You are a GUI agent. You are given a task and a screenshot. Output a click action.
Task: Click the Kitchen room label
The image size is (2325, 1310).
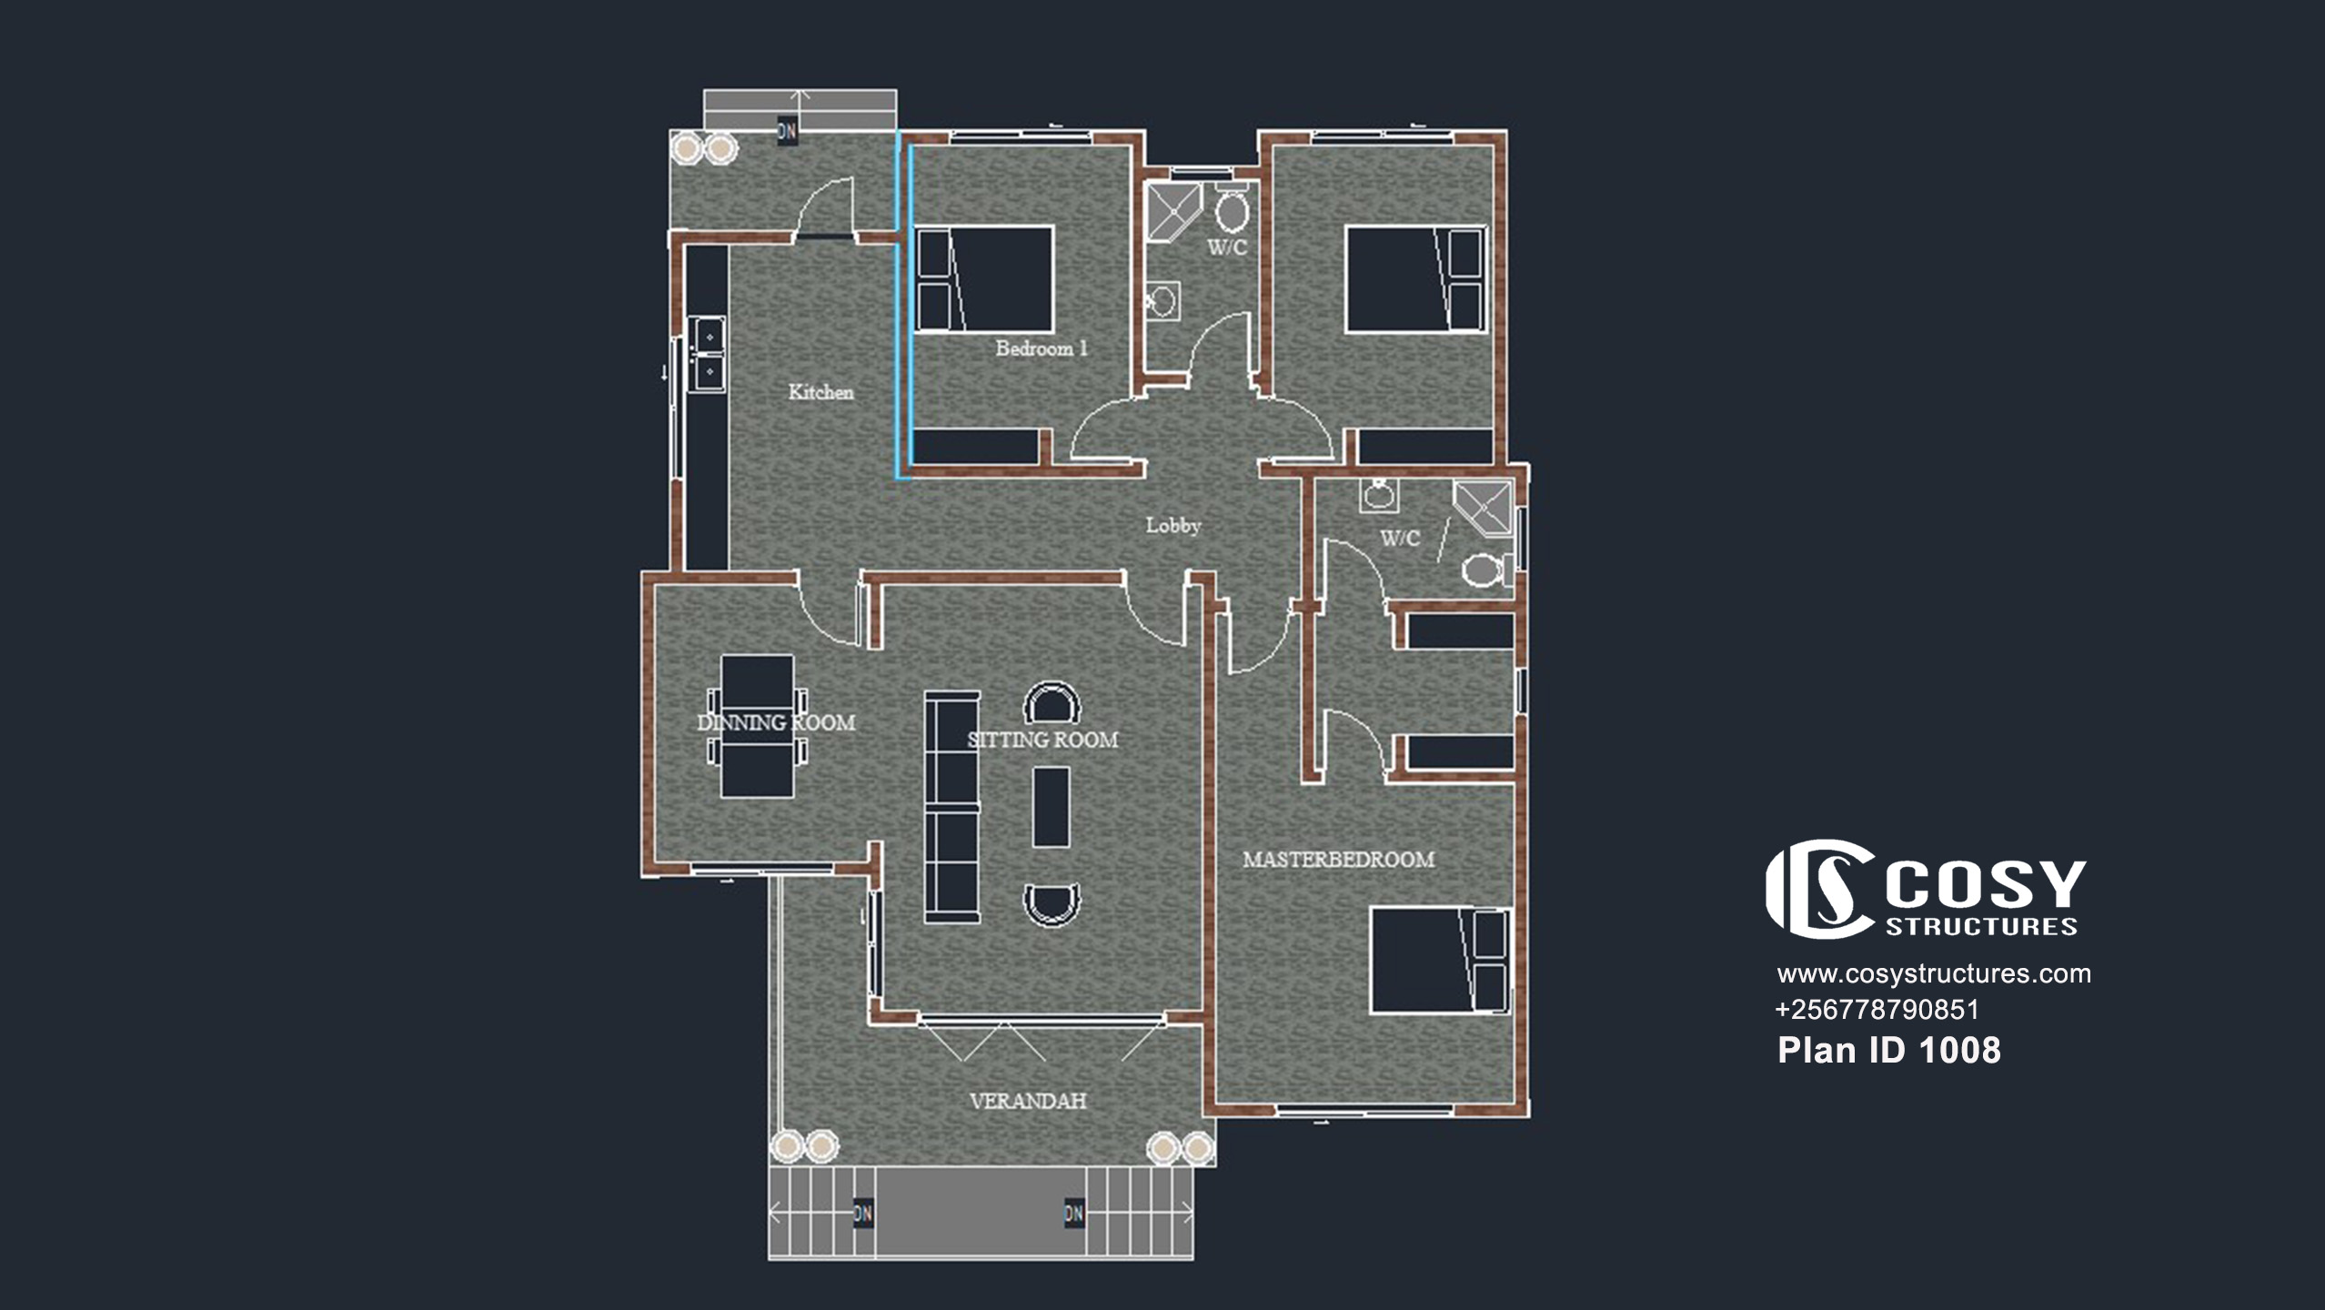(x=820, y=392)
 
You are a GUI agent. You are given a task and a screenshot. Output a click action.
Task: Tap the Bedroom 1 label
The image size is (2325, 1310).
(x=1042, y=348)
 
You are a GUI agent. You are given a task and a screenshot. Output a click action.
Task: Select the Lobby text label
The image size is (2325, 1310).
(x=1173, y=525)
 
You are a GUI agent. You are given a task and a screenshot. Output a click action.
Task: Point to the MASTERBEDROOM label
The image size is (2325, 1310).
(x=1339, y=859)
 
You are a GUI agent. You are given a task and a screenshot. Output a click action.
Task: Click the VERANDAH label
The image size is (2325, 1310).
(x=1028, y=1101)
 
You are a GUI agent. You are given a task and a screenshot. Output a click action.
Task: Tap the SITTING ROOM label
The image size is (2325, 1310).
(x=1042, y=740)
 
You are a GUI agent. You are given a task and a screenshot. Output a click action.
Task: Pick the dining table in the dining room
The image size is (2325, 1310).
(x=757, y=726)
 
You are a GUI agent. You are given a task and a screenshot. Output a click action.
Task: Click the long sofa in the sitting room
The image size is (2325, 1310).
(x=952, y=807)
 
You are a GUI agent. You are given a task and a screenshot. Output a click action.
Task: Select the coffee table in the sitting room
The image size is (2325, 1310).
(x=1051, y=807)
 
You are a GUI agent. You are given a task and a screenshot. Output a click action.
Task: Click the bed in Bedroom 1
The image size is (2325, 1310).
(x=984, y=279)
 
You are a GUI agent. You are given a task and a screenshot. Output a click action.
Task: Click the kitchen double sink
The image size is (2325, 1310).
(x=707, y=354)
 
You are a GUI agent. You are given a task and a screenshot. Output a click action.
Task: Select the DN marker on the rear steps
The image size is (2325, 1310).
(x=787, y=132)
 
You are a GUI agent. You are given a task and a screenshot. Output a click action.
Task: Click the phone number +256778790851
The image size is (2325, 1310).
(x=1877, y=1010)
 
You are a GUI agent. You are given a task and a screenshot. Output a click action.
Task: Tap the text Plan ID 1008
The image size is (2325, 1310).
(x=1889, y=1051)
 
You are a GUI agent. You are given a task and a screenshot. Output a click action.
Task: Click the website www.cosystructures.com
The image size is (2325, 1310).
(x=1934, y=973)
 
